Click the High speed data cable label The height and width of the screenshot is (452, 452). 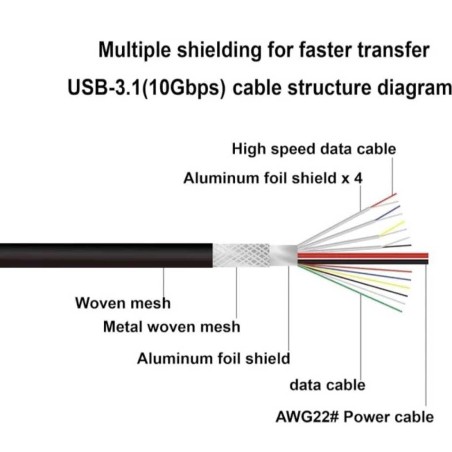click(314, 149)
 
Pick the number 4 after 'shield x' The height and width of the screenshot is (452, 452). click(358, 178)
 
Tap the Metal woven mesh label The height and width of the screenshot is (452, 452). click(171, 327)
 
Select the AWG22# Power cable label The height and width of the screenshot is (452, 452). click(354, 417)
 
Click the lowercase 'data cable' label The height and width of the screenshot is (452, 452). click(327, 385)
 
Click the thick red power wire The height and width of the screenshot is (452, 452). click(362, 256)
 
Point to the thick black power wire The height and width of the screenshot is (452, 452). click(362, 262)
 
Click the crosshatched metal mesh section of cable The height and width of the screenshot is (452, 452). click(241, 255)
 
